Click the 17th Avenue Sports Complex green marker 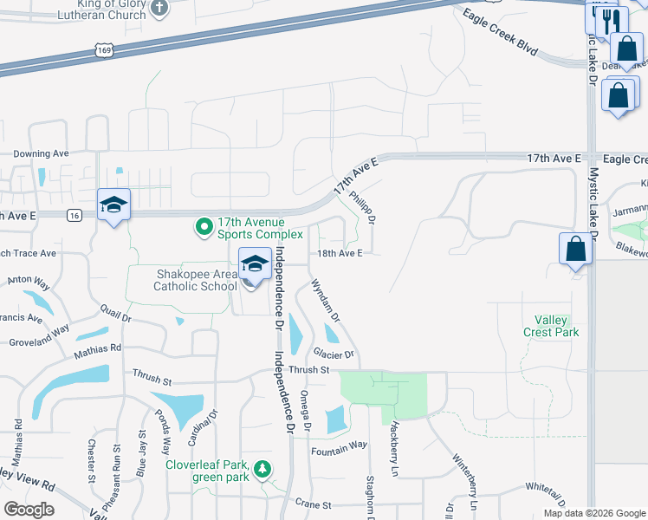[204, 228]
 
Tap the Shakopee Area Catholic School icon [254, 264]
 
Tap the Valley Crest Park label [550, 326]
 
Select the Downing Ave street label [41, 153]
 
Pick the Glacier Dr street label [334, 354]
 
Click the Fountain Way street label [340, 445]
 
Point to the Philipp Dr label [363, 207]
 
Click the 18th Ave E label [339, 254]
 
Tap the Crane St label [314, 504]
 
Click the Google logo [29, 509]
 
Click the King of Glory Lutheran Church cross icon [159, 9]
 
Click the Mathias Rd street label [97, 348]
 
